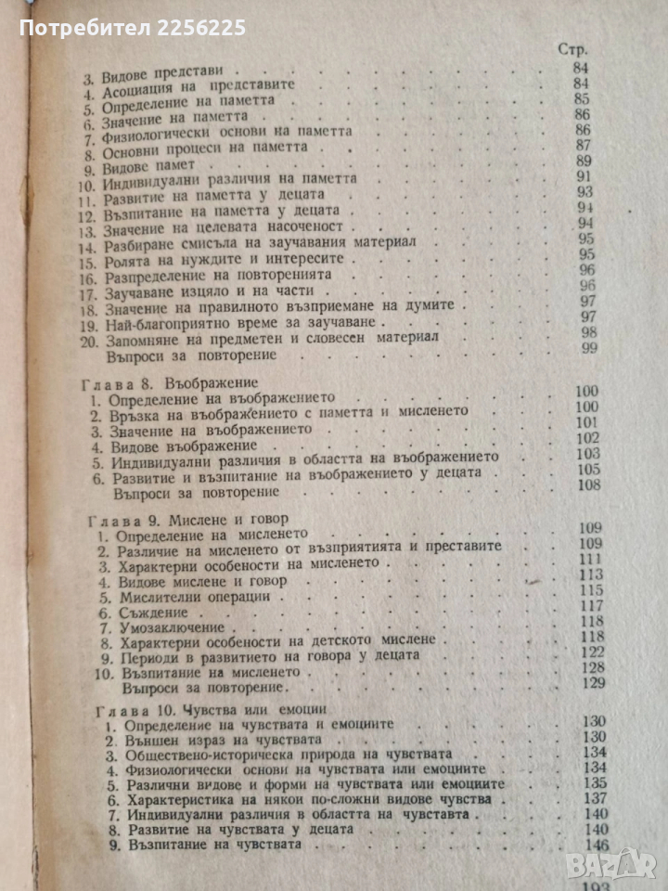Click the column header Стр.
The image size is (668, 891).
click(x=574, y=48)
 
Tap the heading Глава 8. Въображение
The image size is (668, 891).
click(x=170, y=382)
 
